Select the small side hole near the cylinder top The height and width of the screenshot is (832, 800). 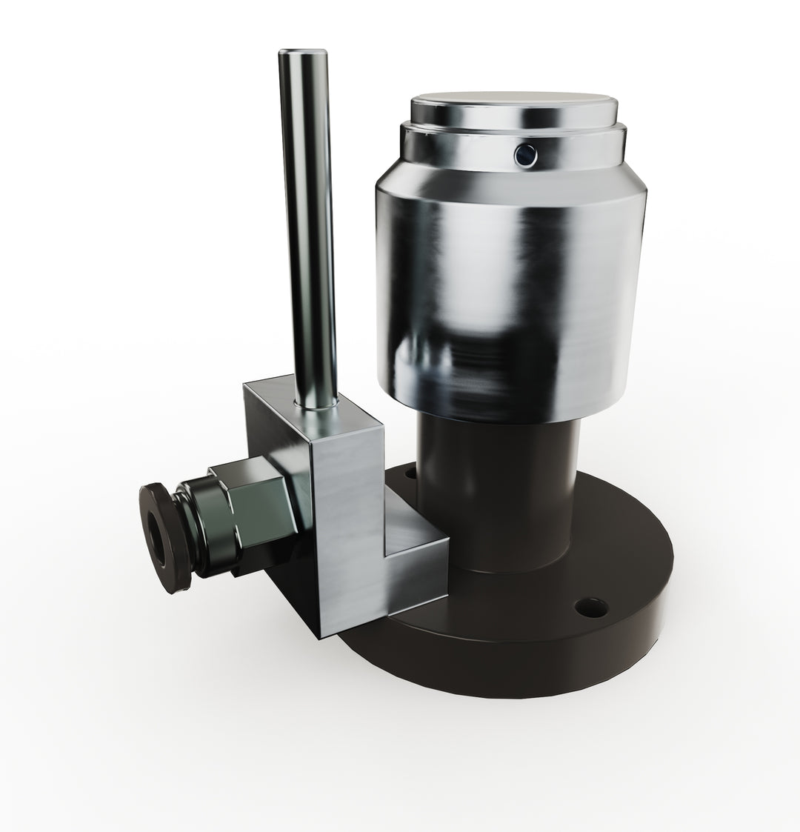click(x=525, y=153)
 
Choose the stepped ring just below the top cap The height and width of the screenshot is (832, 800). click(x=511, y=141)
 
